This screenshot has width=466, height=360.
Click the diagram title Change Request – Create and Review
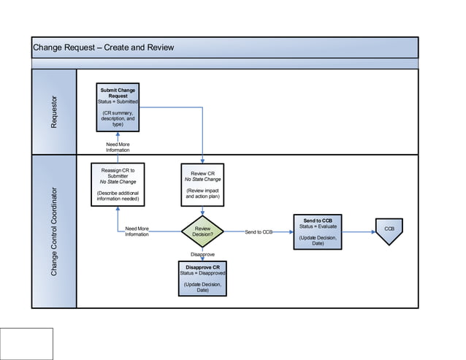tap(103, 48)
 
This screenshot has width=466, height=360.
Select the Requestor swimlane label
tap(53, 112)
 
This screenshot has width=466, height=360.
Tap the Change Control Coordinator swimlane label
tap(53, 231)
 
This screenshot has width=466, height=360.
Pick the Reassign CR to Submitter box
tap(118, 184)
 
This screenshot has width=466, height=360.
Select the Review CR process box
tap(202, 184)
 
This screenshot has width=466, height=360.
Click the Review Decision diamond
tap(202, 232)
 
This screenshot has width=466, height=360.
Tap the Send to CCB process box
tap(318, 232)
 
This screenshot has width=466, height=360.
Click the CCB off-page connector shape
tap(389, 231)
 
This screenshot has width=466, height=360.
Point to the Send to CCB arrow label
tap(259, 232)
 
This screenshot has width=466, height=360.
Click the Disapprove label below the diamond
tap(202, 254)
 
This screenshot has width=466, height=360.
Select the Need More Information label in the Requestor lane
tap(118, 147)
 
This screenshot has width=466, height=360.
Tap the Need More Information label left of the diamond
tap(137, 231)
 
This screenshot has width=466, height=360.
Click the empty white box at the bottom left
tap(27, 343)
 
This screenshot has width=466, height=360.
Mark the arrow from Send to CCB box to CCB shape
tap(358, 232)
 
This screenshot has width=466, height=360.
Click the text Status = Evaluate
tap(318, 226)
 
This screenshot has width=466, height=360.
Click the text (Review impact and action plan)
tap(202, 193)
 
